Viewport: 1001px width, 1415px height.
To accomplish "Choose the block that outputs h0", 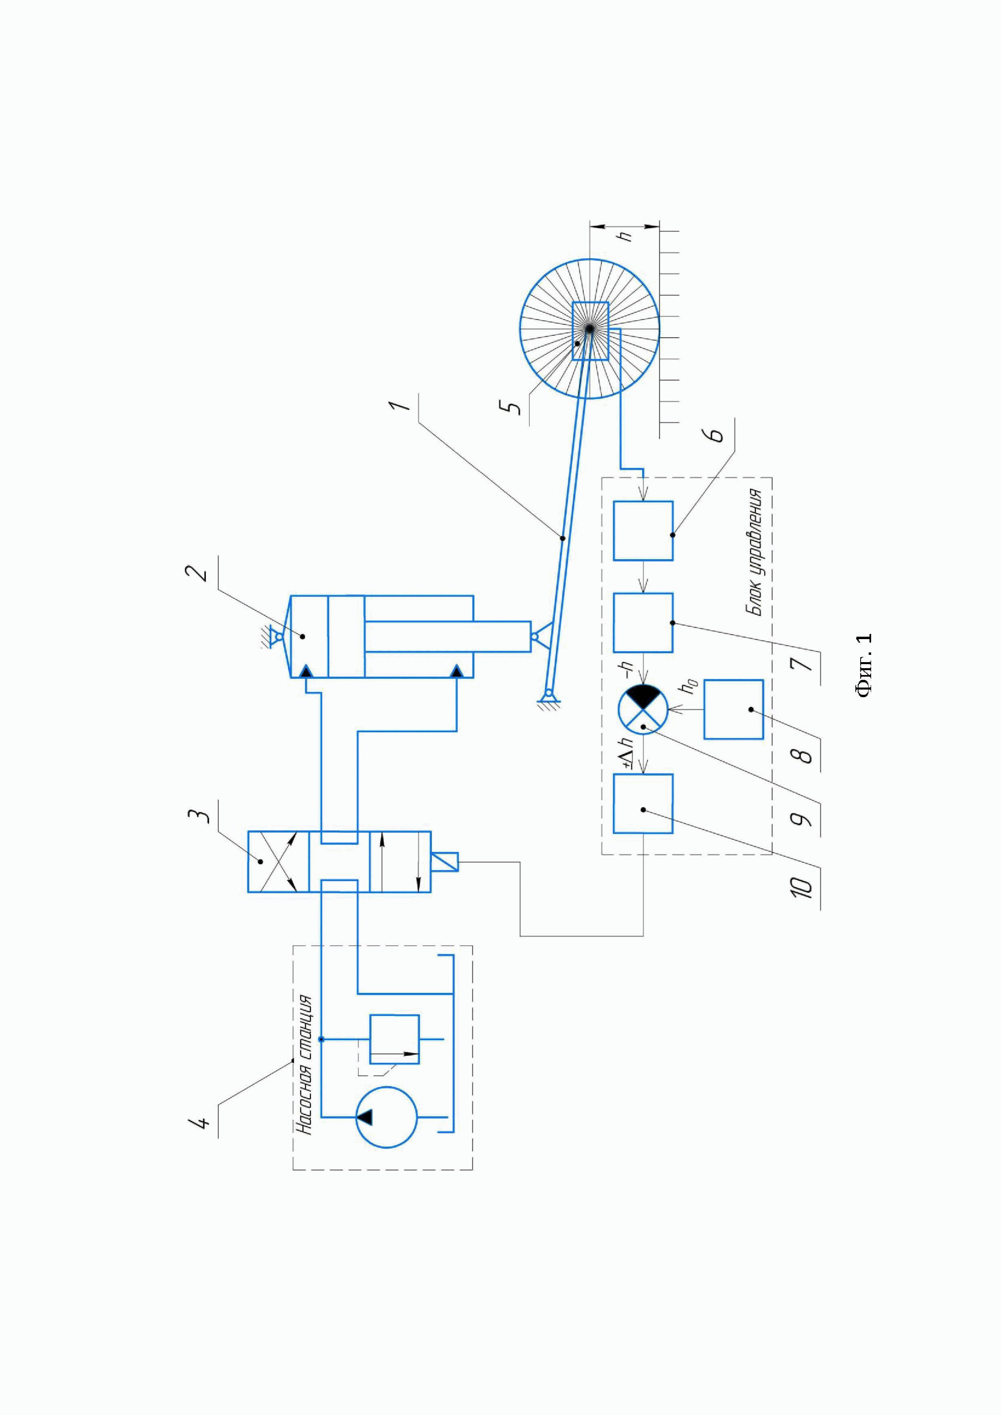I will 733,709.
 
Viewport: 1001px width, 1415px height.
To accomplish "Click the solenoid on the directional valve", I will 445,861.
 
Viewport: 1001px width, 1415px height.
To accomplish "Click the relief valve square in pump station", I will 394,1039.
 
